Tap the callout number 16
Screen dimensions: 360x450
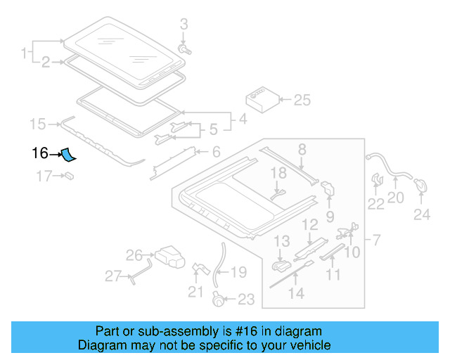click(39, 153)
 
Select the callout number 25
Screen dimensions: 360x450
click(302, 101)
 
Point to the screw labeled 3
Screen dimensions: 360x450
click(186, 49)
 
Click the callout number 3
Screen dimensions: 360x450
click(184, 25)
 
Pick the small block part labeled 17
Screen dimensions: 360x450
click(71, 176)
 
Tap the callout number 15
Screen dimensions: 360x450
click(37, 124)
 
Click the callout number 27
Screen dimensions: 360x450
click(113, 276)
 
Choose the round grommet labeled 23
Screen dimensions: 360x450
click(219, 300)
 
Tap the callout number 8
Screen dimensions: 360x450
click(302, 148)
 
